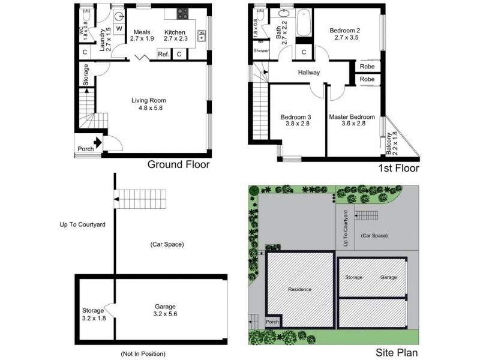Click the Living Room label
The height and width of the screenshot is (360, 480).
(x=149, y=100)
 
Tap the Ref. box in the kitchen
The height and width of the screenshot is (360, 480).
(x=163, y=55)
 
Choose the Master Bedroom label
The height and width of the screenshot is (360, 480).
(x=352, y=117)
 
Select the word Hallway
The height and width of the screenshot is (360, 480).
(x=309, y=73)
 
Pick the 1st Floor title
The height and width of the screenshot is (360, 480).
(x=398, y=169)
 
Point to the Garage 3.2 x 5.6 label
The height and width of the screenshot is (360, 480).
(x=166, y=310)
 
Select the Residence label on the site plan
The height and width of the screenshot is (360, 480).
(x=299, y=289)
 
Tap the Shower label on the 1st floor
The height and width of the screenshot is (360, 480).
(x=261, y=51)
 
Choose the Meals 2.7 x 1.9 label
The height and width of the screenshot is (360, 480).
(x=142, y=35)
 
